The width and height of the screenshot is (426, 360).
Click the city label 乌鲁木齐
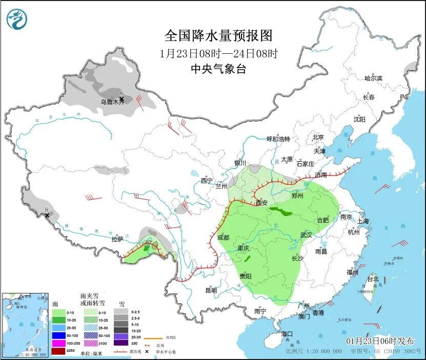112,102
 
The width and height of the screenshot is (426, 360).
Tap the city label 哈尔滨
373,78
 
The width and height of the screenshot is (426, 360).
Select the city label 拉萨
117,239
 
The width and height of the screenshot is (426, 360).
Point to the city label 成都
224,237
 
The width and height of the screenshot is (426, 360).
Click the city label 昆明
211,290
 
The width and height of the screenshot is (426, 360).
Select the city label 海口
288,334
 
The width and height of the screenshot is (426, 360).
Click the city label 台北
372,279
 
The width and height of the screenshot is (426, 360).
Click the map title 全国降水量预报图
218,35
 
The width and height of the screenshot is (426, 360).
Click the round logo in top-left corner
17,19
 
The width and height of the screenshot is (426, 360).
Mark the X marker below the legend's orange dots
147,351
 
